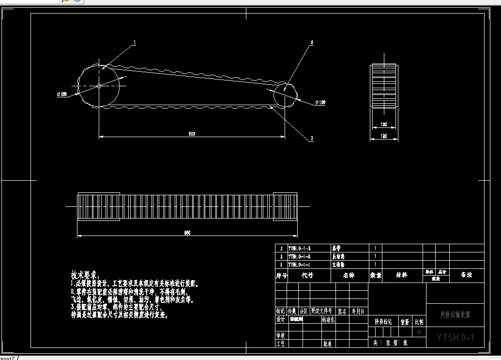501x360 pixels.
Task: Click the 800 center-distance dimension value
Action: (192, 134)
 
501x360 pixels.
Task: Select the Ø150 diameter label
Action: (61, 94)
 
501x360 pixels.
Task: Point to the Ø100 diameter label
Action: (320, 102)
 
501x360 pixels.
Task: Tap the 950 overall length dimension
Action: (187, 233)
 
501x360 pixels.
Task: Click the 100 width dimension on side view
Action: (384, 125)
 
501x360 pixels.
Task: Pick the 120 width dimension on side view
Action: (384, 137)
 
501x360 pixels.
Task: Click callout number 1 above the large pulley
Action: (135, 43)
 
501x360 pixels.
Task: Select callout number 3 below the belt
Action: (312, 139)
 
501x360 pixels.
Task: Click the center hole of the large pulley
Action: (99, 86)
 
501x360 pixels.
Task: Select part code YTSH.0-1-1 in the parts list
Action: (299, 265)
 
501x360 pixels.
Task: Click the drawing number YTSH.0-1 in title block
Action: (455, 337)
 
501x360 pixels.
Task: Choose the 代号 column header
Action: (307, 275)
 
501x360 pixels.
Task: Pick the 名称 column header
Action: (349, 275)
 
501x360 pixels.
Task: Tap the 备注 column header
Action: (466, 275)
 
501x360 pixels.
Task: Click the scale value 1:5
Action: (419, 332)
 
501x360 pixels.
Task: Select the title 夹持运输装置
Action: (455, 315)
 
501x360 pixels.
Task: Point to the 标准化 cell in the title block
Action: (328, 320)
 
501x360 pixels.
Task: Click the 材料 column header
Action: (401, 275)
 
